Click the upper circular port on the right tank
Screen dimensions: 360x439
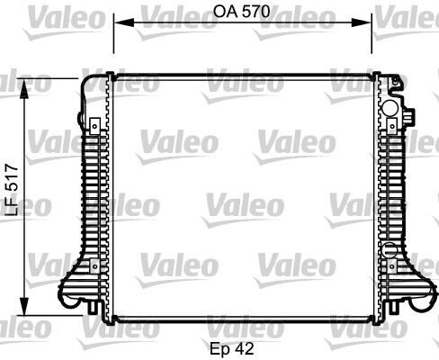(x=390, y=109)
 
